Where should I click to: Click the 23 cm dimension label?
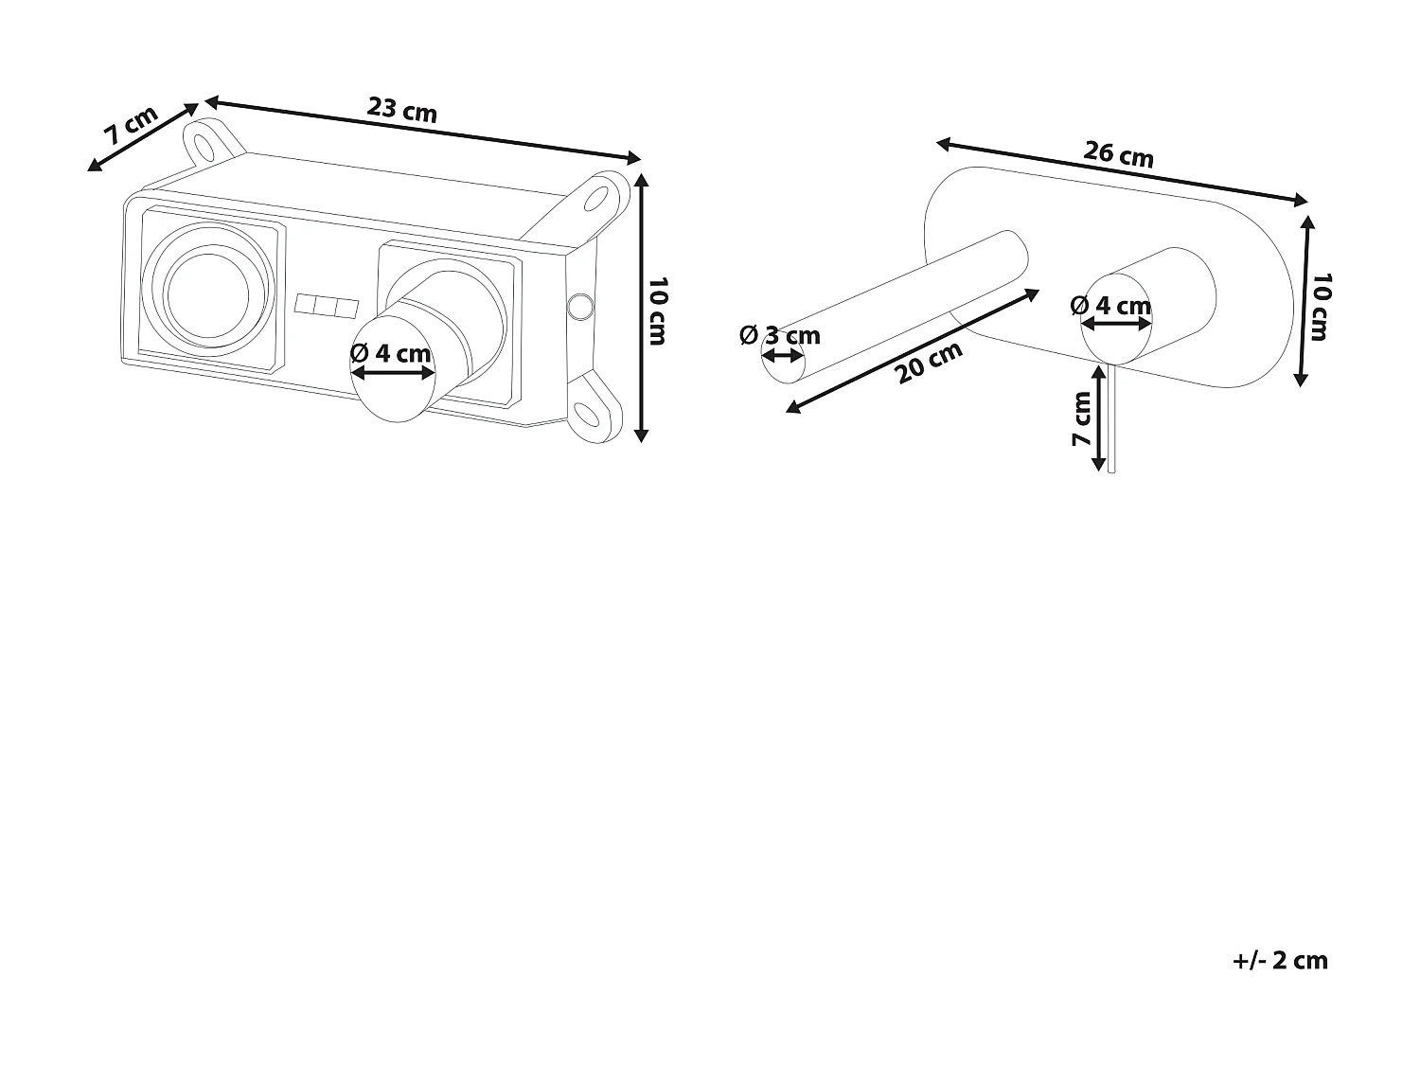(402, 110)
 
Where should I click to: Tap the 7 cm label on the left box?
(131, 126)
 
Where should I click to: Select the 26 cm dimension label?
(1119, 153)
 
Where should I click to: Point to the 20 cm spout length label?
(930, 362)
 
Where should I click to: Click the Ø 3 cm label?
(780, 335)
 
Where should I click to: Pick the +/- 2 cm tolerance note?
(1280, 960)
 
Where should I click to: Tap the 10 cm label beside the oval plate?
(1322, 306)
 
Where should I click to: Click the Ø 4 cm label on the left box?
(390, 353)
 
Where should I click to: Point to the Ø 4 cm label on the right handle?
(1110, 306)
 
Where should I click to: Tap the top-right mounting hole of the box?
(598, 198)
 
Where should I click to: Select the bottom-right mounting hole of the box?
(589, 414)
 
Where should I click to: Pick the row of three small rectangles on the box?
(327, 307)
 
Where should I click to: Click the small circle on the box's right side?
(578, 306)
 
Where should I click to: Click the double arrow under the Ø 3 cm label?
(782, 356)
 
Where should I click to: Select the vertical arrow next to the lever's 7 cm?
(1098, 418)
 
